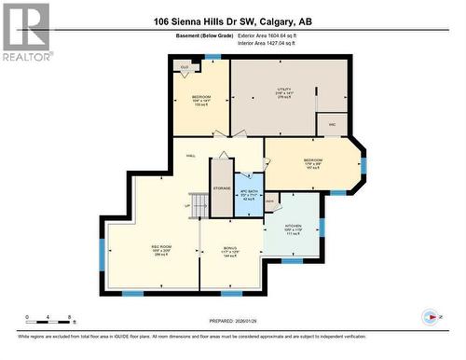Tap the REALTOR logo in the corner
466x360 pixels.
[26, 30]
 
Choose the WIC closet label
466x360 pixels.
[331, 123]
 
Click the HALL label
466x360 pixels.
[191, 156]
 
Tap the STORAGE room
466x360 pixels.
[222, 188]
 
